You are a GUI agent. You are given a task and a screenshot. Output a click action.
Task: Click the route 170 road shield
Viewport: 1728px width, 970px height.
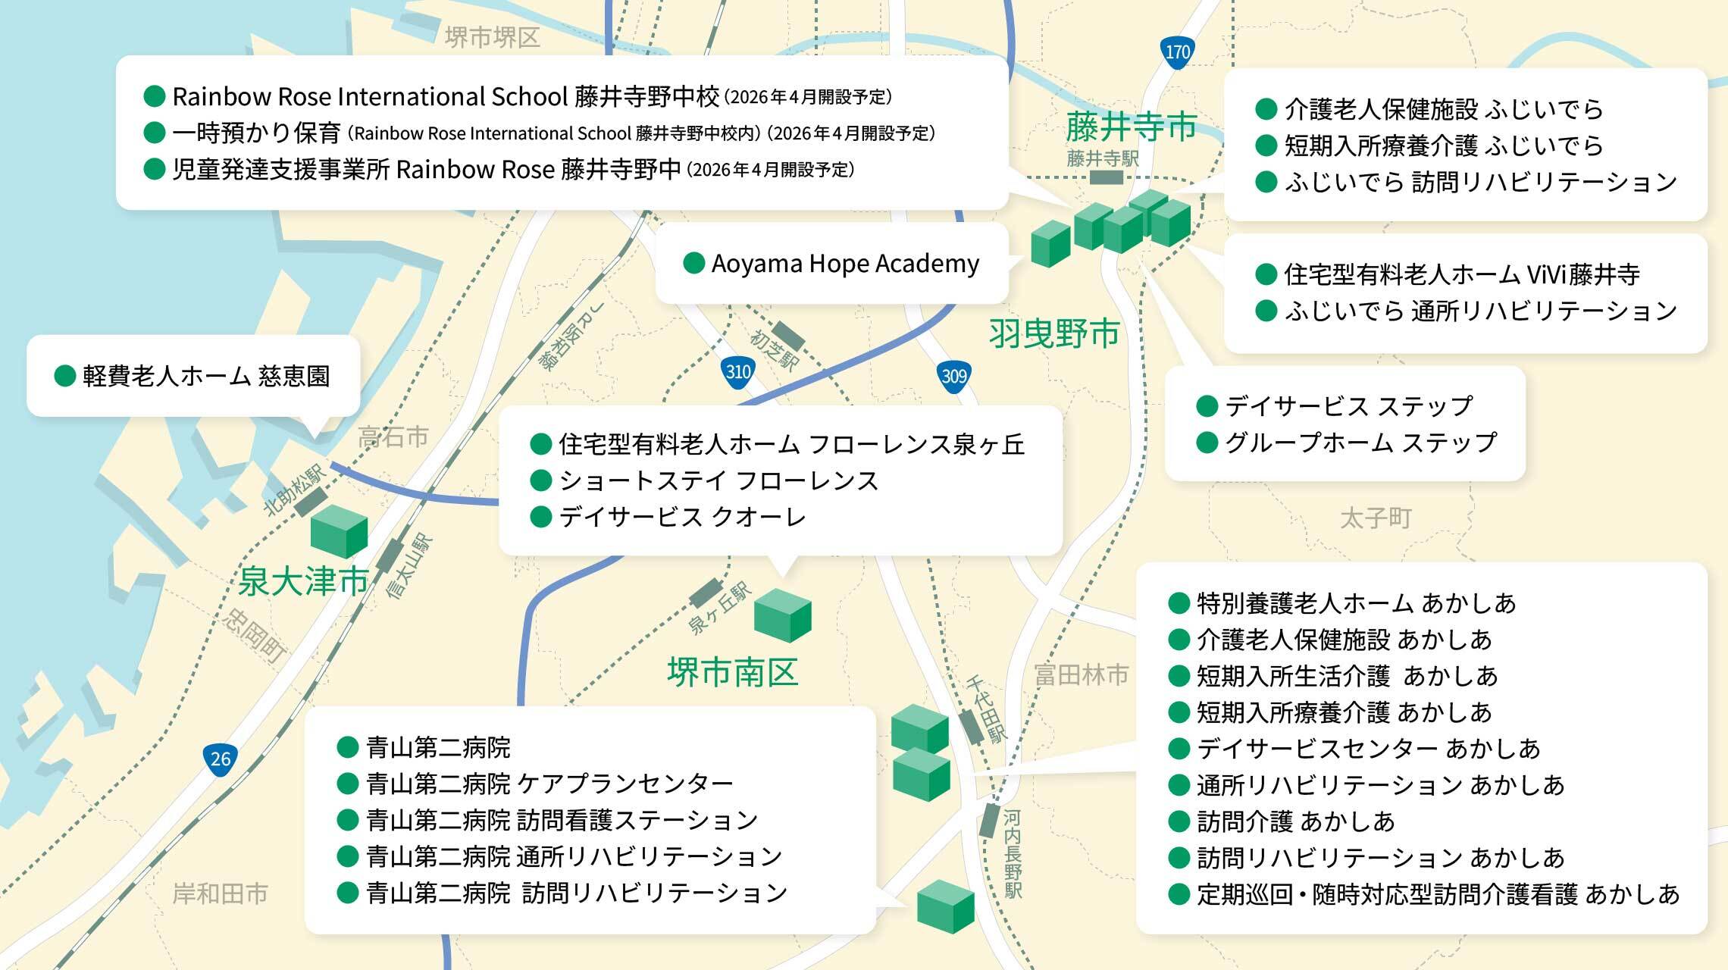(x=1177, y=53)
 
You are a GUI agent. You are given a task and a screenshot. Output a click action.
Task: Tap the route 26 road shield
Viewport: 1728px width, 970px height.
(x=220, y=759)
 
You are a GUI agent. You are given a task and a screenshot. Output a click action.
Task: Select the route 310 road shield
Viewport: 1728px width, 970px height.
(x=737, y=372)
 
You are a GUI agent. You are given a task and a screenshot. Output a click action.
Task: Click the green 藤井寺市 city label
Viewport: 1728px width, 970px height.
(x=1131, y=127)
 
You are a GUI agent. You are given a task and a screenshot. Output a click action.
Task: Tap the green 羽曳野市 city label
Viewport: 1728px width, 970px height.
(x=1054, y=333)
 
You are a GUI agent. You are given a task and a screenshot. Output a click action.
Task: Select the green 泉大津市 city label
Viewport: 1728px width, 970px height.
(x=303, y=582)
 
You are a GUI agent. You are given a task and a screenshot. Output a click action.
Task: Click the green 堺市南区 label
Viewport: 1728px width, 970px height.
(x=732, y=672)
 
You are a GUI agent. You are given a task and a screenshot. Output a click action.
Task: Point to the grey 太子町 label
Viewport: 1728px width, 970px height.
(x=1375, y=519)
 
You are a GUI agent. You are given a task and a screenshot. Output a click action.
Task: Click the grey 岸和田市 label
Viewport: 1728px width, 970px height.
(x=221, y=894)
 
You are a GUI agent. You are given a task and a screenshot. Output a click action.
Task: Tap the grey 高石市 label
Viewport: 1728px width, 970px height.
(x=393, y=437)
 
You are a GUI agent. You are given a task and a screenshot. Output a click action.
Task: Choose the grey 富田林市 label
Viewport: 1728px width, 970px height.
(x=1081, y=674)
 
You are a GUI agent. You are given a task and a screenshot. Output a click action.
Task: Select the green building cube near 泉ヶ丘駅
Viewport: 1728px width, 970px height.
(x=782, y=615)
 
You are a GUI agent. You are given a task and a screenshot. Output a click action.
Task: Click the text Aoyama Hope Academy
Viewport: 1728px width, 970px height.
(x=845, y=264)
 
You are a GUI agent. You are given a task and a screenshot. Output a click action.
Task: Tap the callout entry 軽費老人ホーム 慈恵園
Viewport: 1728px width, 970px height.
(x=206, y=376)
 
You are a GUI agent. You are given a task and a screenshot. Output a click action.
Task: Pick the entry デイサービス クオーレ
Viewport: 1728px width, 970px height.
(x=682, y=517)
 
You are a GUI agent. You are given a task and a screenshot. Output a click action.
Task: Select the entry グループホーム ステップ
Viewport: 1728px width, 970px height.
(x=1360, y=443)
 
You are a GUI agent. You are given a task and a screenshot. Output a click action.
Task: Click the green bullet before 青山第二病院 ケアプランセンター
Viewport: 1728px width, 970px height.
(x=347, y=784)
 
